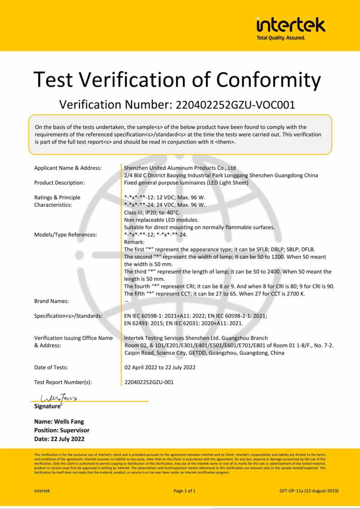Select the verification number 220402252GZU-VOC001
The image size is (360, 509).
232,105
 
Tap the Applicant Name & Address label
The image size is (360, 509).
68,168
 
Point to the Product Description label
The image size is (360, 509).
59,183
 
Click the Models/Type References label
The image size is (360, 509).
66,235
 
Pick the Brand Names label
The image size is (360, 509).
52,301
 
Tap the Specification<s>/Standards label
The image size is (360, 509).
69,315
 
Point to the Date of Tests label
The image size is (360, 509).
51,367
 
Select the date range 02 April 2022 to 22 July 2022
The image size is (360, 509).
160,367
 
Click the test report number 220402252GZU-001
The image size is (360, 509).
149,382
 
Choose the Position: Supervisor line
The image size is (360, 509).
62,430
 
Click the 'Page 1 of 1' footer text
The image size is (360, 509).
185,490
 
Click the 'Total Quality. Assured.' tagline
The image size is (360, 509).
281,38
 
